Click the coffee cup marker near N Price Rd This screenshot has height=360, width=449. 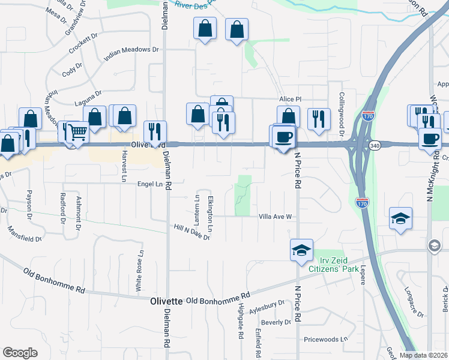283,137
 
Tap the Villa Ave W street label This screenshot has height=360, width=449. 275,217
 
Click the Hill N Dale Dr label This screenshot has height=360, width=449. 191,232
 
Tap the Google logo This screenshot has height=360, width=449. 20,353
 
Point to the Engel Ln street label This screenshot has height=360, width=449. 150,184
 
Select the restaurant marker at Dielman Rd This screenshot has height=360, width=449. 155,133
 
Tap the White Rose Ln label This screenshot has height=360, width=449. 139,270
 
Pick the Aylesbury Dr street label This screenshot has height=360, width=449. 267,304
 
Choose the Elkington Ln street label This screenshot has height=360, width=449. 210,213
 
